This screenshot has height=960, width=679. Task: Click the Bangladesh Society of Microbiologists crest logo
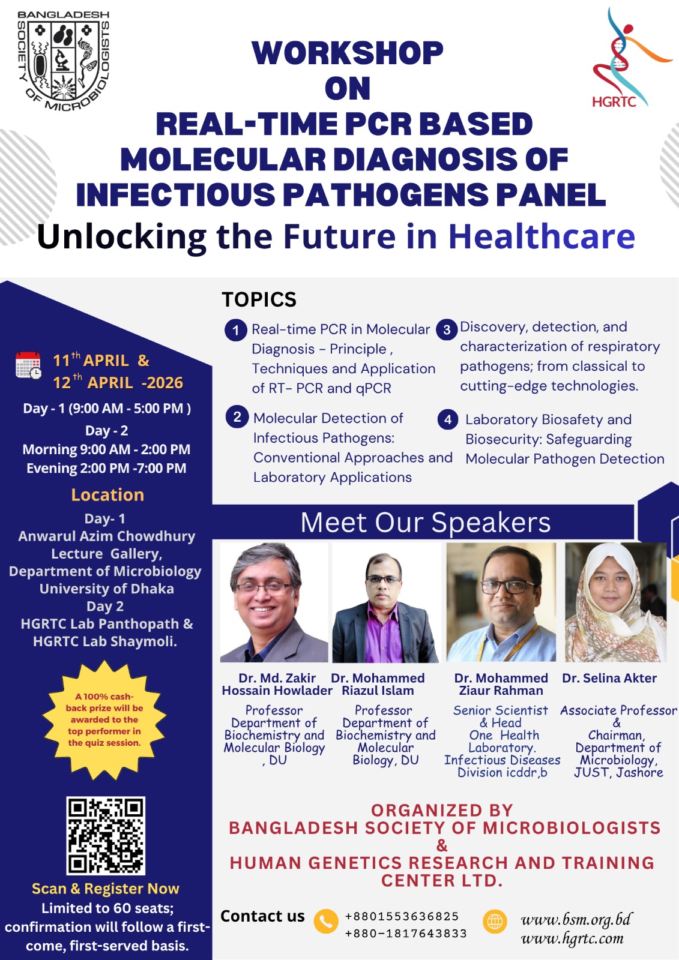pos(63,61)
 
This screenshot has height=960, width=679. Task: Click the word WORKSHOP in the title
pos(348,53)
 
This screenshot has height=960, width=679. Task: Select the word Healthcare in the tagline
pos(542,236)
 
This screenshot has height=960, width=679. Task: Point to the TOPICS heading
pos(259,299)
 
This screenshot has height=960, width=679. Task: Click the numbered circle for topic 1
pos(235,330)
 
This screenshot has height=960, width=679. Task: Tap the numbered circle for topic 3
pos(447,329)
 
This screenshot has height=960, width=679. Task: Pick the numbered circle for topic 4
pos(448,419)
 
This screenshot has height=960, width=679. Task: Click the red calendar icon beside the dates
pos(28,365)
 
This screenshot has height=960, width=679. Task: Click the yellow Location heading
pos(107,494)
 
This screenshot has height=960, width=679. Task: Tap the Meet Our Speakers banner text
pos(426,522)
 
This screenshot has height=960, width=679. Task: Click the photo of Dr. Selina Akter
pos(615,602)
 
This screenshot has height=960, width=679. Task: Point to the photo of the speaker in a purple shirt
pos(386,602)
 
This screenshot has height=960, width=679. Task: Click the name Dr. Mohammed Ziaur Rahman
pos(501,684)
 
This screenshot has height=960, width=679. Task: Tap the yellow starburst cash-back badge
pos(104,719)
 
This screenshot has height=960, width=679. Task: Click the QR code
pos(106,836)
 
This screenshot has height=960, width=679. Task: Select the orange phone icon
pos(326,921)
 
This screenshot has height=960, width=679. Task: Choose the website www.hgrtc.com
pos(572,938)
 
